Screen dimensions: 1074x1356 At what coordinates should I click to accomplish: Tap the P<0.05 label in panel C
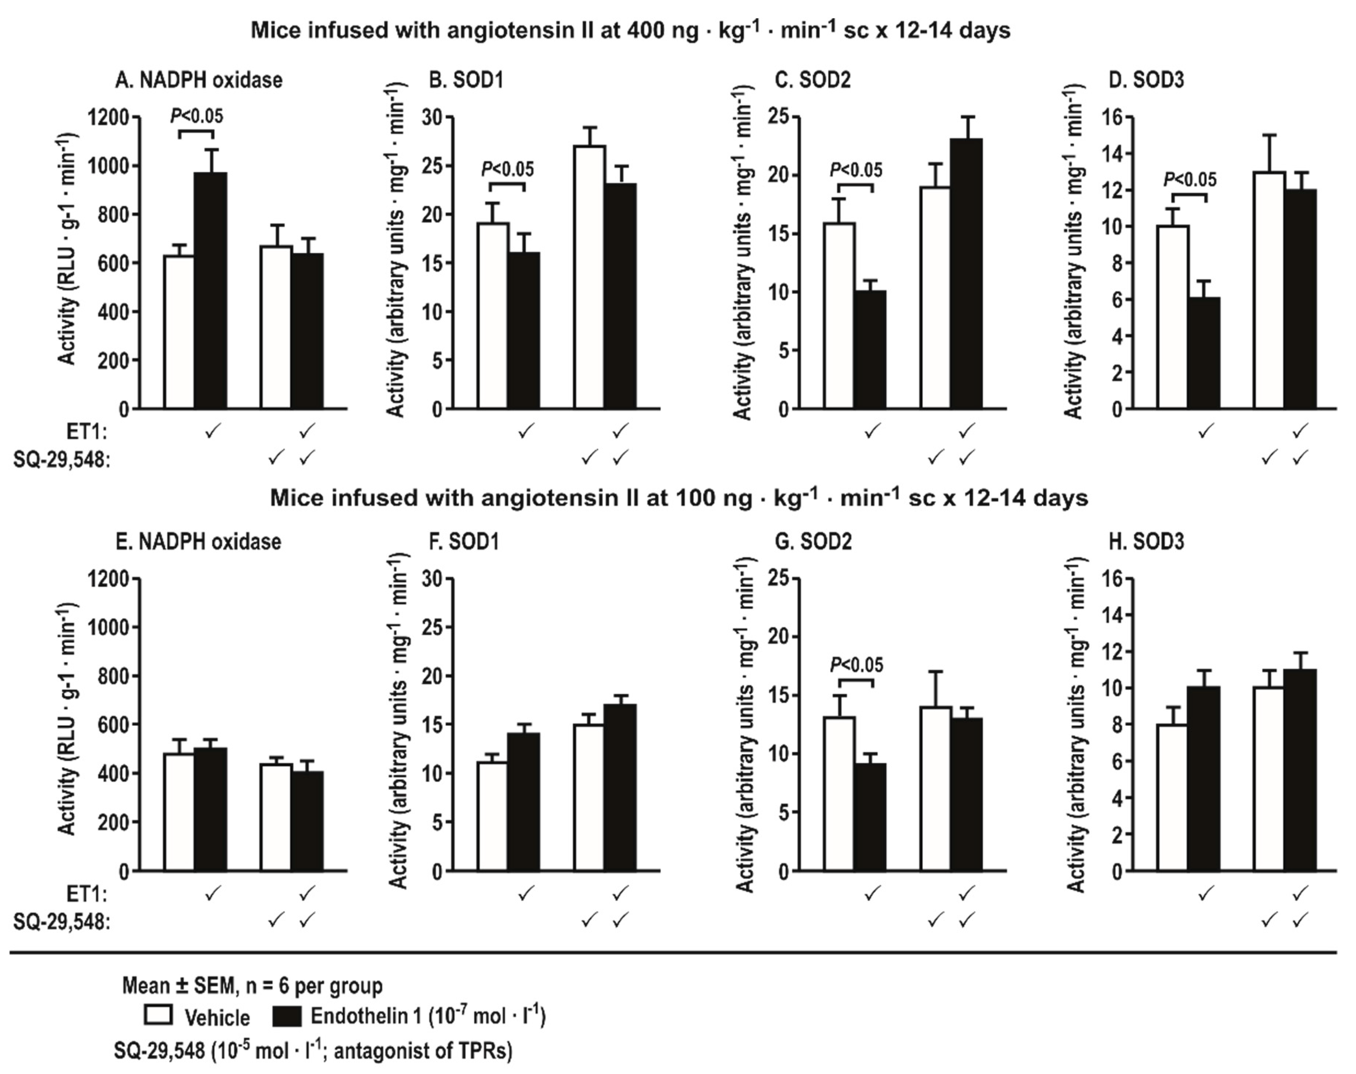856,170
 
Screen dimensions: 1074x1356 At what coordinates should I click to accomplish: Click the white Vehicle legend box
159,1016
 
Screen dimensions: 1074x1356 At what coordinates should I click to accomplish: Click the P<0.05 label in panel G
856,665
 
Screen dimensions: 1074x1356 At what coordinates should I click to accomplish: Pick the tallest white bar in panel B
590,277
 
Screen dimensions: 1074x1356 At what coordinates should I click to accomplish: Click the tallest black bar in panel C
967,274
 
